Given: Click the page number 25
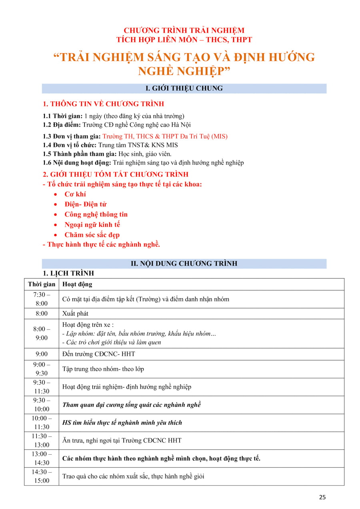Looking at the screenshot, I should tap(322, 497).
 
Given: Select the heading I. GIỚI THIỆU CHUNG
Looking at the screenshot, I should tap(184, 88).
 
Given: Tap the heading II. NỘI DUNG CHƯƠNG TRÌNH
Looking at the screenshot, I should tap(184, 263).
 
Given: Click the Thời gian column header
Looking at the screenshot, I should tap(42, 284).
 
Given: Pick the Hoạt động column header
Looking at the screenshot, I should tap(77, 284).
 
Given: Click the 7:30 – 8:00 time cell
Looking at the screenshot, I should tap(42, 299).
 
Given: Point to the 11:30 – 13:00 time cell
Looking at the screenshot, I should tap(42, 440).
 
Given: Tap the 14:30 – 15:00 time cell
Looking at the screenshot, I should tap(42, 476).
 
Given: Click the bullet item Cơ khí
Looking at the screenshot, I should tap(75, 194).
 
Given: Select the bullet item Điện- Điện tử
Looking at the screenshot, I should tap(86, 204).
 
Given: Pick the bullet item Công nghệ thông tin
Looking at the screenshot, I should tap(96, 214).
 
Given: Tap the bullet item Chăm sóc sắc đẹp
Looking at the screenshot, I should tap(92, 235).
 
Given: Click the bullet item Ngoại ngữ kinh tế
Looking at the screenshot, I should tap(92, 225).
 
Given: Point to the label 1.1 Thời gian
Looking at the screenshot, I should tap(60, 116).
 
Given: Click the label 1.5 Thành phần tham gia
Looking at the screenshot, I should tap(80, 154).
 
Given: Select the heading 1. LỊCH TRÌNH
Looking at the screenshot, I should tap(68, 273).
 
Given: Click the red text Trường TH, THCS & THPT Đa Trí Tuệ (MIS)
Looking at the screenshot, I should tap(165, 136).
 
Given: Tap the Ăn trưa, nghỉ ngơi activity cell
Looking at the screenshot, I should tap(122, 440).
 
